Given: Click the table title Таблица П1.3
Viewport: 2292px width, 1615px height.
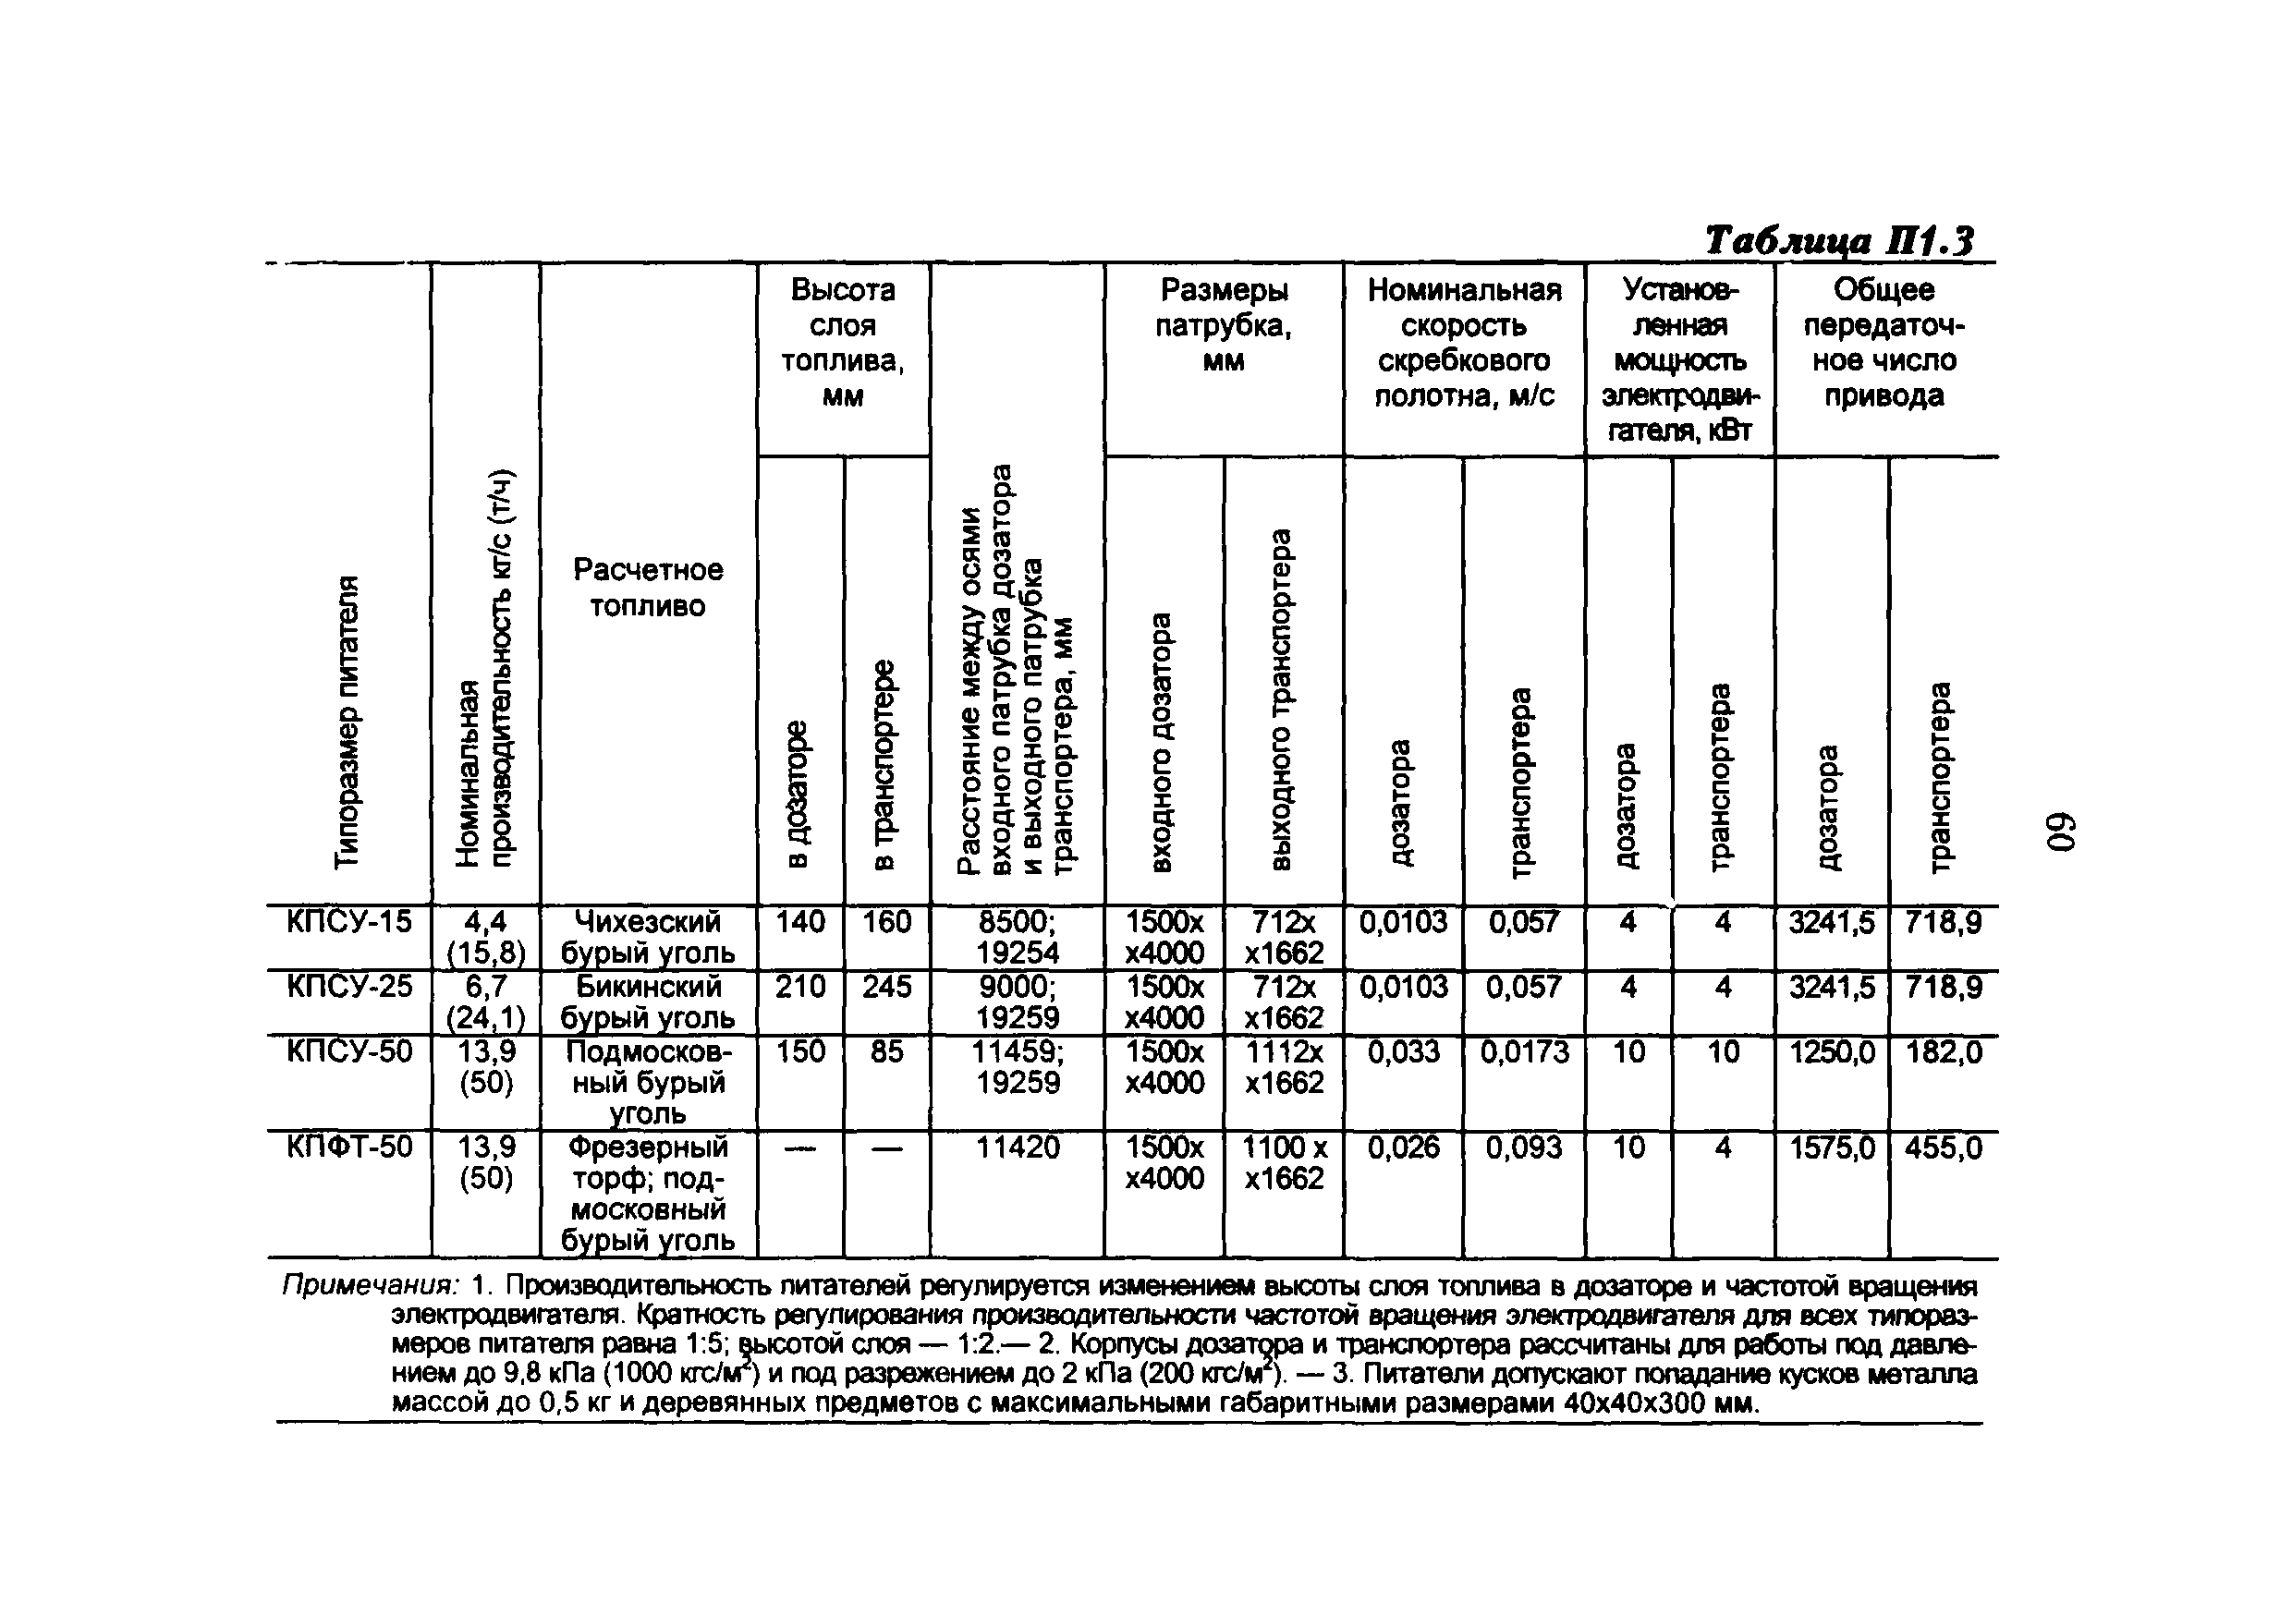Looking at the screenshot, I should coord(1839,241).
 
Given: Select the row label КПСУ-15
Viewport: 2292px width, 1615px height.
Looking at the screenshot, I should coord(348,921).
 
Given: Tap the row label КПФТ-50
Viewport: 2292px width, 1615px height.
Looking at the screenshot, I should coord(348,1147).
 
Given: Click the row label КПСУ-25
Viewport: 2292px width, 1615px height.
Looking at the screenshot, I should coord(348,987).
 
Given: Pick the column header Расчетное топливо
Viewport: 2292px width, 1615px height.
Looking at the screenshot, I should coord(648,587).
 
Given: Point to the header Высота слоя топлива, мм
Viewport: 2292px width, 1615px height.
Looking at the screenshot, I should coord(843,343).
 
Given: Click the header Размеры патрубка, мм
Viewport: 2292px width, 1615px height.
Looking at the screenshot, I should coord(1223,324).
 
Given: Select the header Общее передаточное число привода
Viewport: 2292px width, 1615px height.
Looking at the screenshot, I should coord(1884,343).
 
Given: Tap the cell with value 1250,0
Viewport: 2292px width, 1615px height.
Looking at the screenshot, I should coord(1831,1052).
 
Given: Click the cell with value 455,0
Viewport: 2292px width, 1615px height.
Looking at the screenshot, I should coord(1943,1147).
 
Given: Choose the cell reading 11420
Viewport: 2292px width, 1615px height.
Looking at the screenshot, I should coord(1018,1147).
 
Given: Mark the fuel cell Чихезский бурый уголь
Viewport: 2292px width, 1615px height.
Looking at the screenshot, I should coord(648,936).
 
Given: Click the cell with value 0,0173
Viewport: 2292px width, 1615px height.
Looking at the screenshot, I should coord(1524,1052).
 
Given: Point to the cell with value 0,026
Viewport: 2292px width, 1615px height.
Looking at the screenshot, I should coord(1404,1147).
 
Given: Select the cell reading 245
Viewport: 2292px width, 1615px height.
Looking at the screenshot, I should coord(886,987).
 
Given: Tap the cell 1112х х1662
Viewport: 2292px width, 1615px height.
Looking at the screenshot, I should coord(1284,1067).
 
